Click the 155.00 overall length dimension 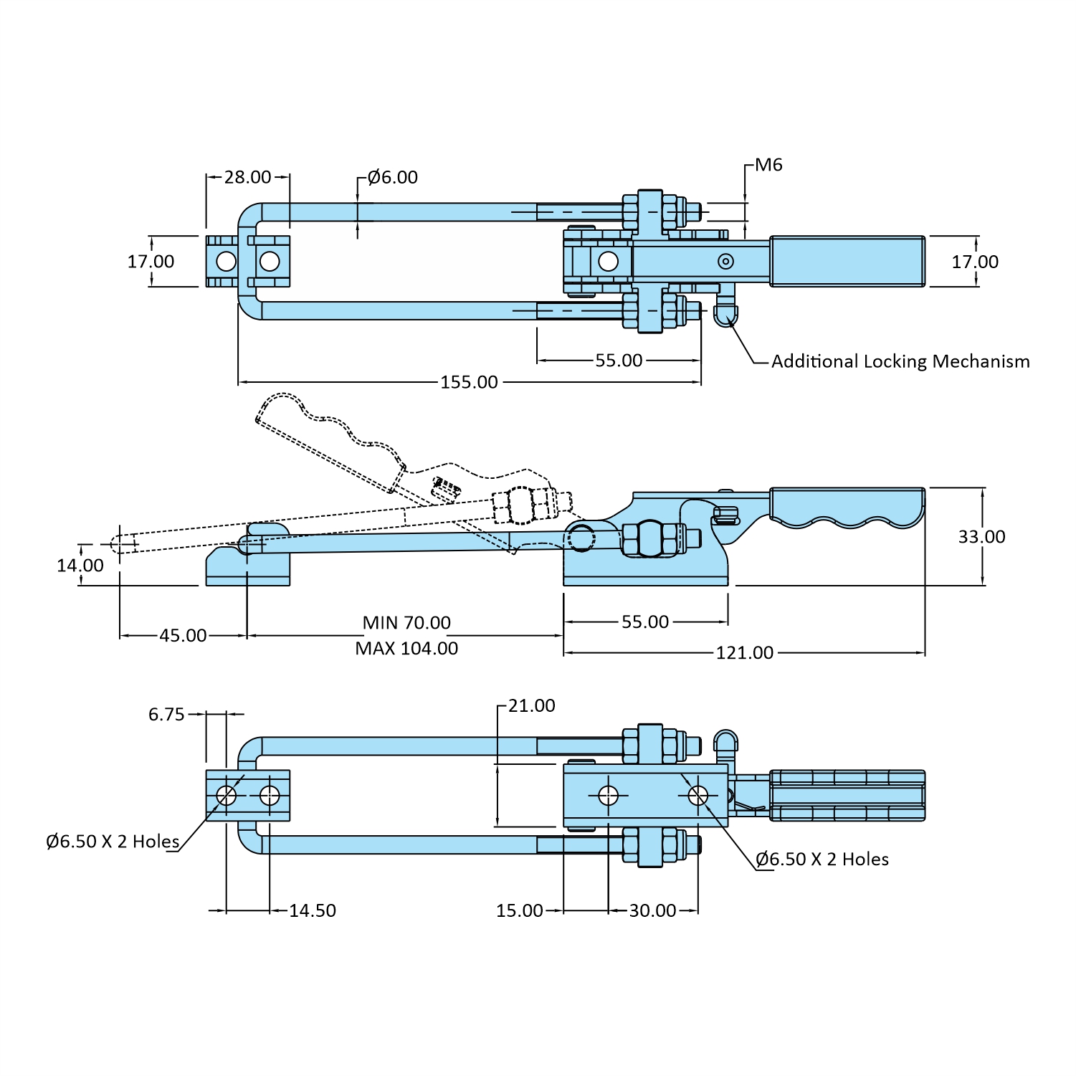click(469, 382)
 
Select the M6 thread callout click(768, 165)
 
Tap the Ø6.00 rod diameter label click(392, 177)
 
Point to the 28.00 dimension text click(247, 177)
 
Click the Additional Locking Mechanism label click(900, 361)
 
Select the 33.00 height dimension click(981, 537)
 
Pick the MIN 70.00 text click(406, 623)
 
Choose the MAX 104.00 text click(406, 649)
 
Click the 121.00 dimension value click(744, 653)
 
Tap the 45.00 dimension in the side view click(183, 636)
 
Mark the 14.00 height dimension click(80, 566)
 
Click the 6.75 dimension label click(166, 715)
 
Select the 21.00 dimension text click(531, 706)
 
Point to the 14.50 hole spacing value click(312, 911)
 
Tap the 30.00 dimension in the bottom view click(652, 911)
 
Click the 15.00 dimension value click(519, 911)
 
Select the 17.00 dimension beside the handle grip click(974, 262)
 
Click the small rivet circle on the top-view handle click(725, 262)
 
